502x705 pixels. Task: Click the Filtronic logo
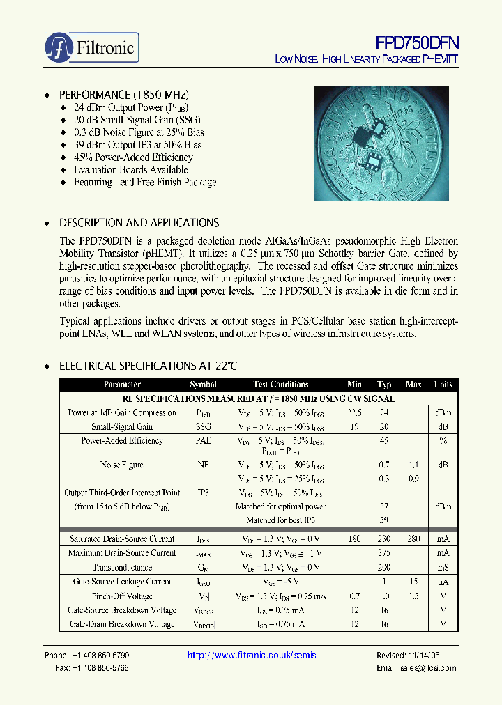coord(92,48)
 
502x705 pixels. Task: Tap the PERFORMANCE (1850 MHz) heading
coord(124,95)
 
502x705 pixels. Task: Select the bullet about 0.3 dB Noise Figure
coord(139,132)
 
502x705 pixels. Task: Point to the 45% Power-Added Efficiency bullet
coord(133,157)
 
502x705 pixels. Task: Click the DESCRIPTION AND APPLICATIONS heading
coord(139,223)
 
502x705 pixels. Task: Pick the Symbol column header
coord(203,385)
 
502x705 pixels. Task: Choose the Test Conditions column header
coord(280,385)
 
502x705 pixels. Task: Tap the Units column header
coord(443,385)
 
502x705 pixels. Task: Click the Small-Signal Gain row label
coord(122,426)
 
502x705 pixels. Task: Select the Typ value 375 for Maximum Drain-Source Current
coord(384,553)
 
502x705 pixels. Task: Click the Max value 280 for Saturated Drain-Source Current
coord(413,539)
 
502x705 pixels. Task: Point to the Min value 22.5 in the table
coord(354,412)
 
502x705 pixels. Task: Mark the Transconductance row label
coord(122,568)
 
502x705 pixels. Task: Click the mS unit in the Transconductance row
coord(443,568)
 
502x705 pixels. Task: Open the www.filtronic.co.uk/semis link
coord(252,656)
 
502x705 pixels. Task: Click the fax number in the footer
coord(92,668)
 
